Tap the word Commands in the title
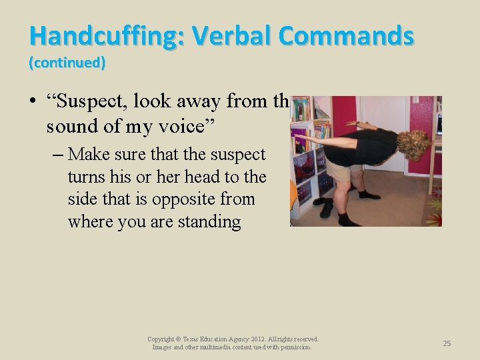[x=347, y=35]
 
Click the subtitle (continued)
[x=67, y=63]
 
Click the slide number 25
[x=447, y=343]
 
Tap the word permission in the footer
[x=293, y=347]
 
